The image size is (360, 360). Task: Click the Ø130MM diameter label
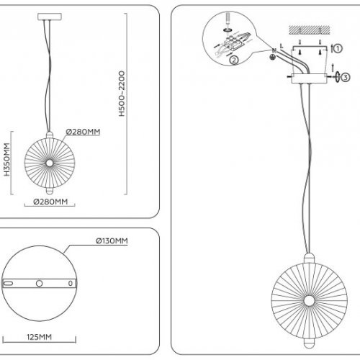112,240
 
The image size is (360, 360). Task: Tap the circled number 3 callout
345,76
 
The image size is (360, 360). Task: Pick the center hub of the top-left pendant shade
50,163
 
